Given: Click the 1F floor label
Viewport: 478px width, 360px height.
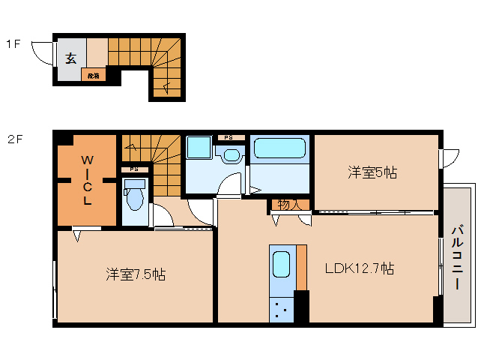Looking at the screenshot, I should click(x=13, y=44).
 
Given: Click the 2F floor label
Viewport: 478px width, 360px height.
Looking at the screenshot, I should click(x=15, y=139).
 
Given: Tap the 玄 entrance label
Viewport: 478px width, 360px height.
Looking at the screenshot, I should click(x=70, y=58).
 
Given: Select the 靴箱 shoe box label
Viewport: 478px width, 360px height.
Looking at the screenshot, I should click(x=94, y=75).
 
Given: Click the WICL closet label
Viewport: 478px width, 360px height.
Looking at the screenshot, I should click(x=87, y=180).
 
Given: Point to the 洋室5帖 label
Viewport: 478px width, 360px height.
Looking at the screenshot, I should click(x=372, y=172).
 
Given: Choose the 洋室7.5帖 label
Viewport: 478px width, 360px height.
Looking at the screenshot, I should click(x=135, y=274).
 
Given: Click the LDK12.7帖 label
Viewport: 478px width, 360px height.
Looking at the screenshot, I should click(x=359, y=268).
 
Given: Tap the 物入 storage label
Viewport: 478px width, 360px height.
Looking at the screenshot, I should click(x=289, y=204).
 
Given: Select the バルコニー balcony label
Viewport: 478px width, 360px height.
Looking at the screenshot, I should click(x=456, y=258).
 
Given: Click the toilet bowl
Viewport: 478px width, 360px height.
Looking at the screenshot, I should click(x=136, y=198).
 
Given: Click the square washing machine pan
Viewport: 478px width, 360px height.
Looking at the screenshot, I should click(x=199, y=148).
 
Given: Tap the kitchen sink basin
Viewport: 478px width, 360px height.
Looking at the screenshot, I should click(x=281, y=265).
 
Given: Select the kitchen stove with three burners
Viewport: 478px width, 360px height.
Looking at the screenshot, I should click(x=282, y=308).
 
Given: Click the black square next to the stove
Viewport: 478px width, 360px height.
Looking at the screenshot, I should click(x=301, y=305).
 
